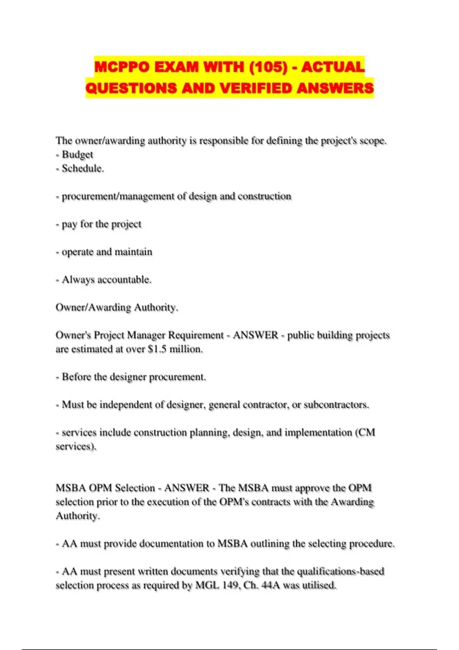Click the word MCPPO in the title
(122, 67)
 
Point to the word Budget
(77, 154)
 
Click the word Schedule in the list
(82, 168)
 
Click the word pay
(69, 224)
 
